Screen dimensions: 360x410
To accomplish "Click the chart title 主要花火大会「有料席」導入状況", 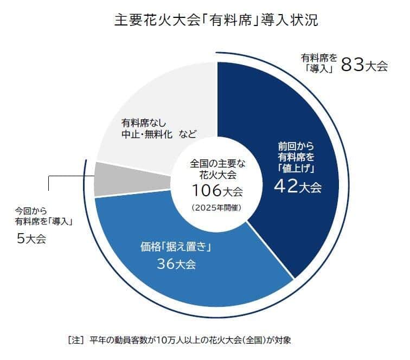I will (x=216, y=21).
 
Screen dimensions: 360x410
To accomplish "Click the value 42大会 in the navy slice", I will (x=298, y=188).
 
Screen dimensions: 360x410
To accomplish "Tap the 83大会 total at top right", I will (x=364, y=66).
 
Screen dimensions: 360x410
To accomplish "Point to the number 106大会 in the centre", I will (x=216, y=190).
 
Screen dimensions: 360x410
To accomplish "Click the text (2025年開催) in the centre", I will (x=216, y=208).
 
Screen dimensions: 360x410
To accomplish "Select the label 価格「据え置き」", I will (x=175, y=247).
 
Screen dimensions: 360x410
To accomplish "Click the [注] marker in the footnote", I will (x=74, y=340).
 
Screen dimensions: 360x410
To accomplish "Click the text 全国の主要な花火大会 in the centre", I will (x=216, y=169).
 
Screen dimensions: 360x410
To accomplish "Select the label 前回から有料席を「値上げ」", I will (x=298, y=157).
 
